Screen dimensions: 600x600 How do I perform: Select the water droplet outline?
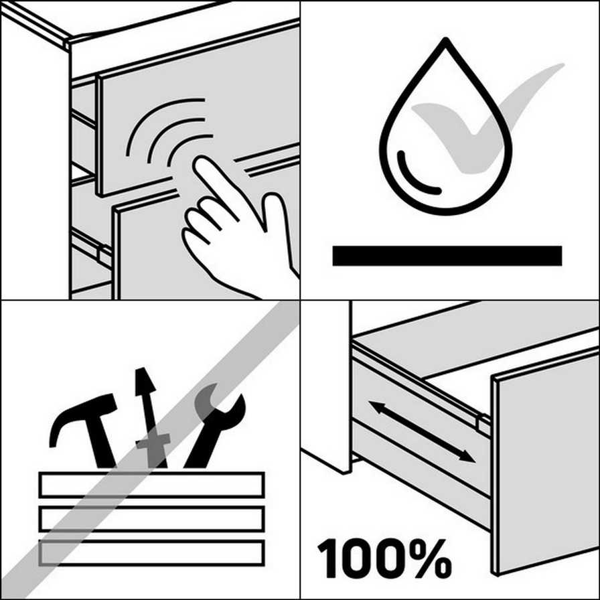[445, 127]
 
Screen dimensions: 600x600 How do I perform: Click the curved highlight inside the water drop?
[411, 180]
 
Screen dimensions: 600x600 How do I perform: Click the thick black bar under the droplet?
[447, 256]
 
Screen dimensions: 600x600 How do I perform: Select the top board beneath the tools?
[151, 485]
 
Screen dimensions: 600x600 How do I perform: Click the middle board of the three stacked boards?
[151, 519]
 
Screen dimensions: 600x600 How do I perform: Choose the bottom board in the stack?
[151, 553]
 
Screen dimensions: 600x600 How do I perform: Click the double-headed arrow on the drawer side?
[422, 432]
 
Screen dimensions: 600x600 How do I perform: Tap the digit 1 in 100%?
[327, 558]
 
